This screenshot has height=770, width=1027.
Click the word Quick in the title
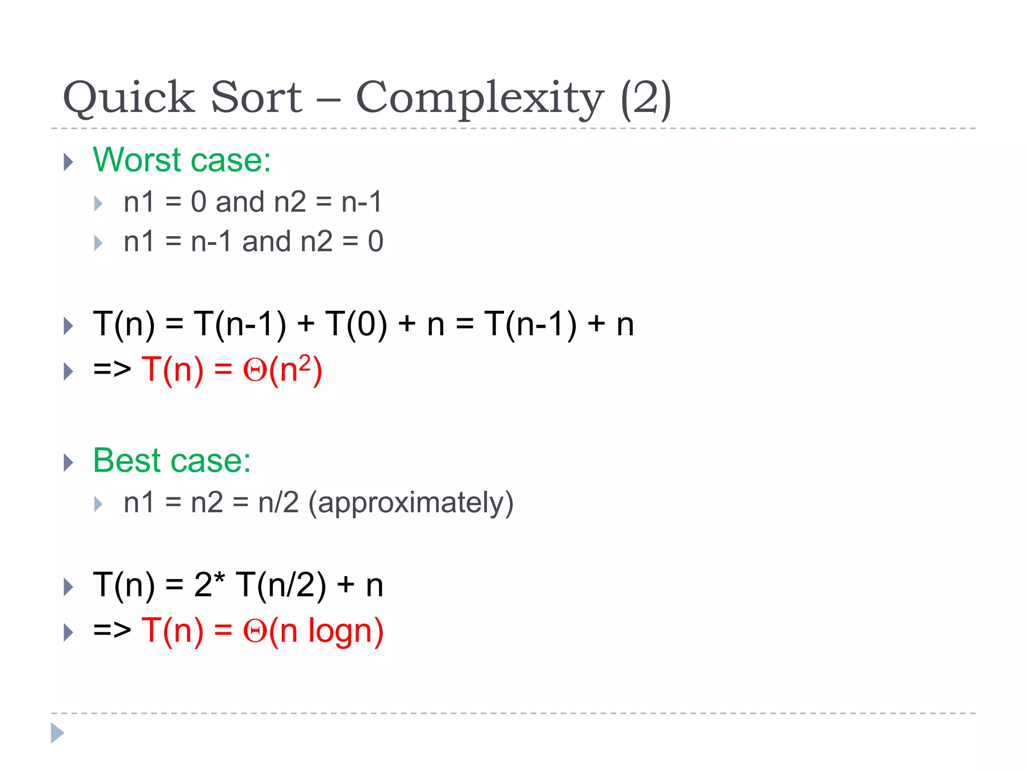[x=128, y=97]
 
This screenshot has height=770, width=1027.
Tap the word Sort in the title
[x=256, y=97]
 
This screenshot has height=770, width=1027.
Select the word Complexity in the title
[x=479, y=98]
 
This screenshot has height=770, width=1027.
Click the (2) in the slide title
[x=645, y=98]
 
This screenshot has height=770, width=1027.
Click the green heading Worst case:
[x=182, y=160]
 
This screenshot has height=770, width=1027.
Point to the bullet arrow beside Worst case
[x=69, y=162]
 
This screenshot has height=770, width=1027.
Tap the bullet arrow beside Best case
[x=69, y=462]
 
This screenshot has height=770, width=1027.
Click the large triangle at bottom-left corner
[x=58, y=733]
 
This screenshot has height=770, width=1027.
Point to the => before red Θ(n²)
[x=112, y=369]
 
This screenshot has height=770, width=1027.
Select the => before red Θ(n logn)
[x=112, y=630]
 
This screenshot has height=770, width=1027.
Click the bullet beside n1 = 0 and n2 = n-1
[x=98, y=204]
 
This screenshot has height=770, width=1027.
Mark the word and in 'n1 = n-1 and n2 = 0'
[x=266, y=242]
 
